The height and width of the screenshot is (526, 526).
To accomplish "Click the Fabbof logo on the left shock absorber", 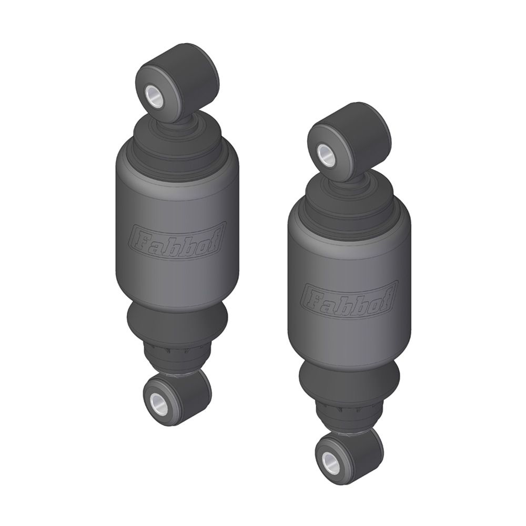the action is click(x=178, y=239).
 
